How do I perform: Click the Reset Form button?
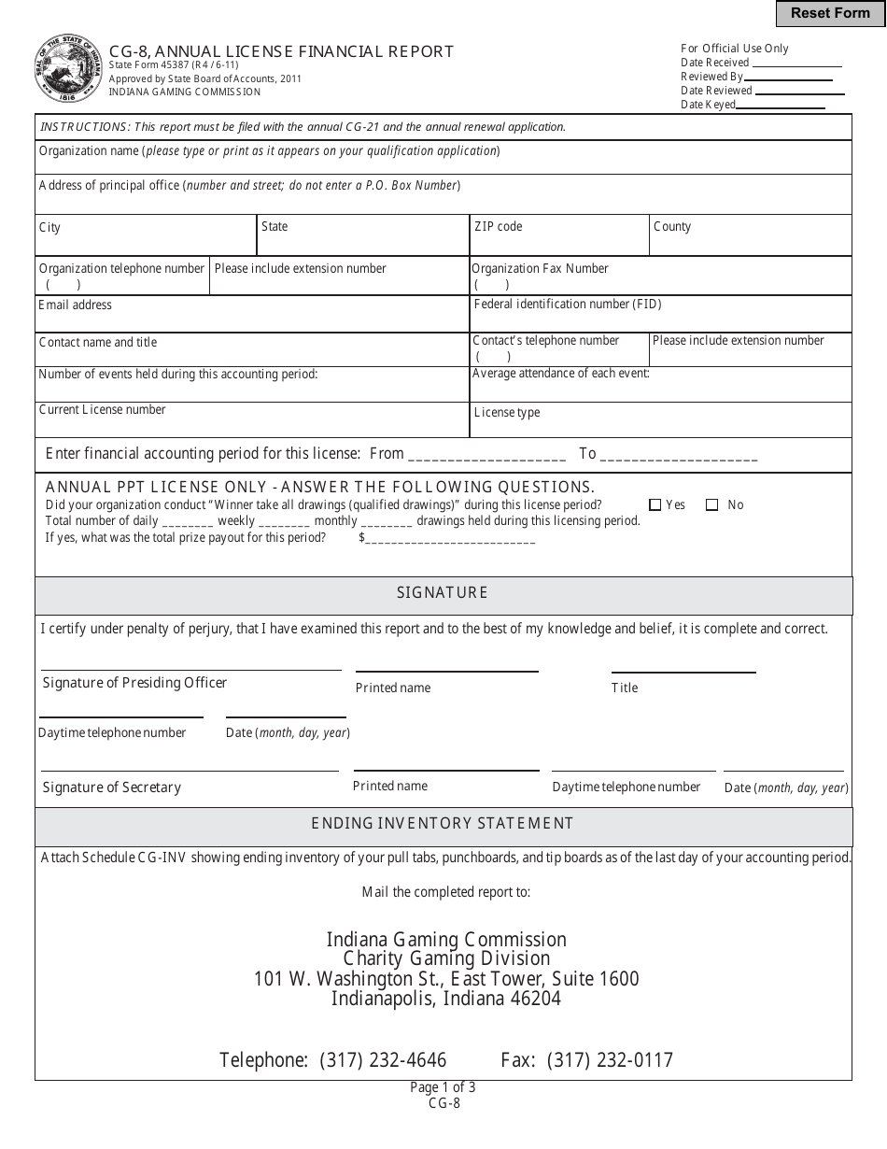coord(830,13)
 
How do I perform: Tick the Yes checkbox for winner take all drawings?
coord(655,505)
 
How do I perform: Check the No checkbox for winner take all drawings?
coord(712,505)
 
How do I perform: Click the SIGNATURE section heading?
coord(443,593)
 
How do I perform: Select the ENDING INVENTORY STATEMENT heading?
coord(443,824)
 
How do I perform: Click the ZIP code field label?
coord(499,227)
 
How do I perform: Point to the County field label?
coord(672,227)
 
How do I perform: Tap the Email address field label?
coord(75,305)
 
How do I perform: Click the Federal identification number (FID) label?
coord(568,305)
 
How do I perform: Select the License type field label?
coord(507,413)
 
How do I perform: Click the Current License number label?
coord(103,410)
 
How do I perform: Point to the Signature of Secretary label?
coord(112,787)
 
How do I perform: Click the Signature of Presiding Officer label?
coord(134,683)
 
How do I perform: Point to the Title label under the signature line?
coord(625,688)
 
